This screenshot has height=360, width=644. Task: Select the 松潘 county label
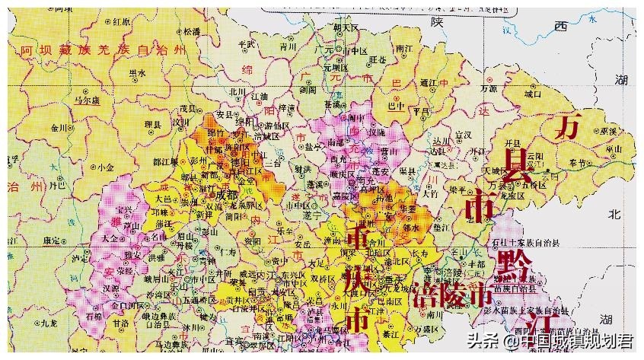click(x=190, y=32)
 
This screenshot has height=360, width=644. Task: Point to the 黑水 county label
click(x=137, y=72)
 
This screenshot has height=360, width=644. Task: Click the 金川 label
click(x=60, y=129)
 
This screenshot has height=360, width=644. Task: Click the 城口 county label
click(x=532, y=94)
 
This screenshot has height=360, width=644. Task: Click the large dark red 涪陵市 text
click(x=452, y=294)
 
